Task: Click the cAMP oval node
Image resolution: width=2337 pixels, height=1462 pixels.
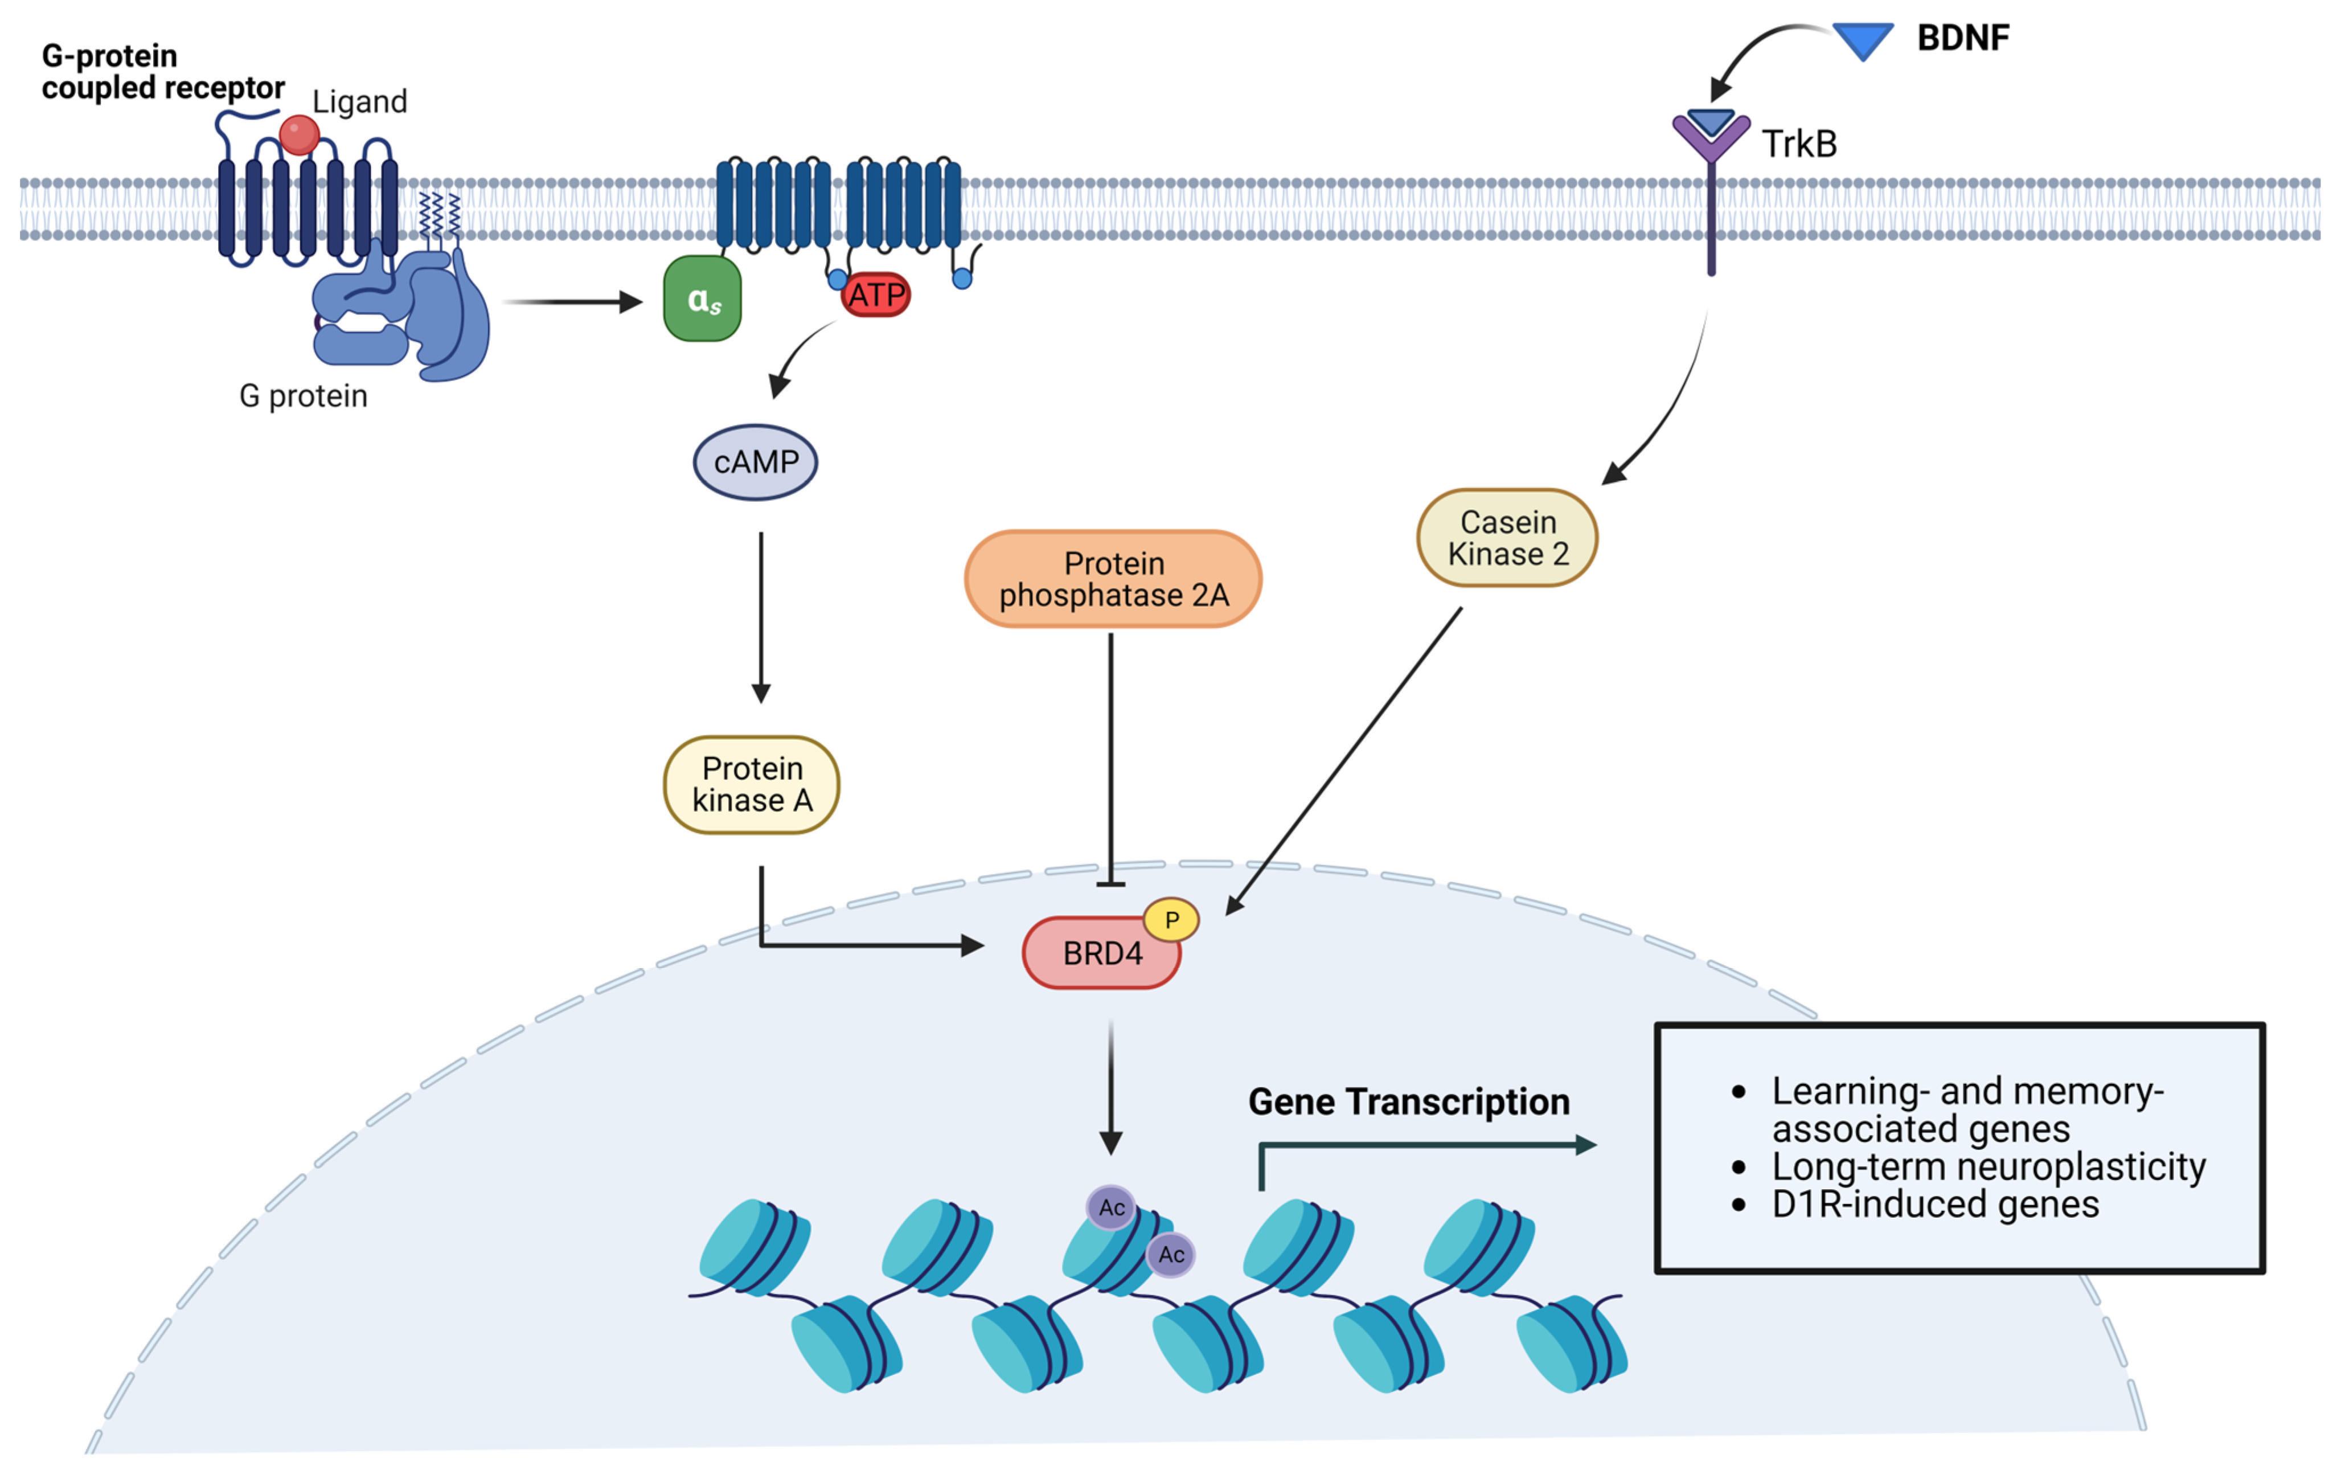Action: pyautogui.click(x=755, y=462)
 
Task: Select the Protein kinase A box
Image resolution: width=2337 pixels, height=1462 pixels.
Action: pyautogui.click(x=751, y=784)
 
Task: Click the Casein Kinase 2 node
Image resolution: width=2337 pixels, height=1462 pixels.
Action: pyautogui.click(x=1507, y=538)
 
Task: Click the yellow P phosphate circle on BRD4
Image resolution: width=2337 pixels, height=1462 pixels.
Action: pyautogui.click(x=1171, y=920)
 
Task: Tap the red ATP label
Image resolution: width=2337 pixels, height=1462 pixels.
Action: pyautogui.click(x=876, y=295)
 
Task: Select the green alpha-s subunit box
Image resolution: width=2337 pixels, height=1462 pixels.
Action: pyautogui.click(x=703, y=299)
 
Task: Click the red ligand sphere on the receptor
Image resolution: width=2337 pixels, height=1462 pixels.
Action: pyautogui.click(x=298, y=134)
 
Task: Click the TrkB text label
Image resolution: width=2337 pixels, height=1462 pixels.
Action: pyautogui.click(x=1799, y=144)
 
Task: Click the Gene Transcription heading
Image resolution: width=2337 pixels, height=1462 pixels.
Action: pyautogui.click(x=1408, y=1101)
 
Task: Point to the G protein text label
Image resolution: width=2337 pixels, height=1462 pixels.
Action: pyautogui.click(x=304, y=395)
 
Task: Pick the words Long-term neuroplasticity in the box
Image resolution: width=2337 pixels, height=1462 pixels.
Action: pyautogui.click(x=1988, y=1166)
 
